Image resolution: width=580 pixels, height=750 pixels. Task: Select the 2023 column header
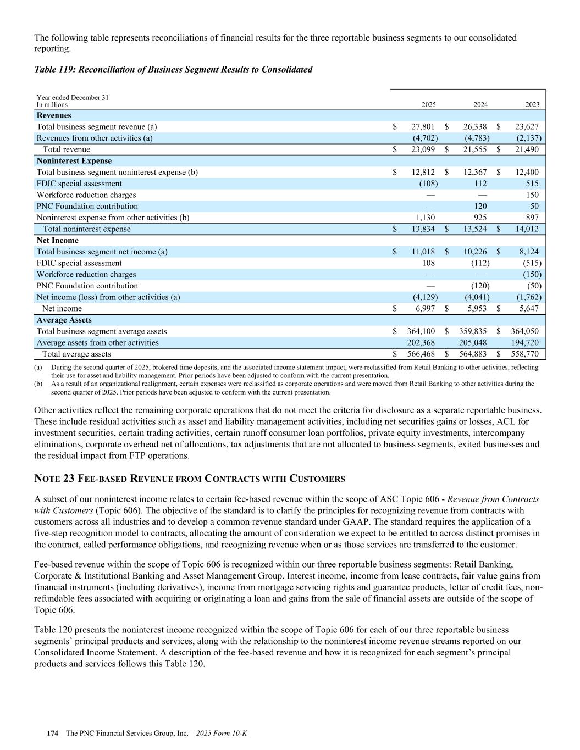pyautogui.click(x=532, y=104)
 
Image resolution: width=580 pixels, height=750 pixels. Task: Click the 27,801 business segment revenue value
pyautogui.click(x=423, y=127)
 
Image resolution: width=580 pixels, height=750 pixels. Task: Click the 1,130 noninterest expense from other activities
pyautogui.click(x=426, y=218)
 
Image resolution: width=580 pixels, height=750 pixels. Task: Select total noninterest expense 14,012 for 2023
pyautogui.click(x=528, y=229)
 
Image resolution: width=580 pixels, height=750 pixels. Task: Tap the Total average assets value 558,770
pyautogui.click(x=526, y=354)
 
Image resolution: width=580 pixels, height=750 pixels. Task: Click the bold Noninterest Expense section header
pyautogui.click(x=74, y=161)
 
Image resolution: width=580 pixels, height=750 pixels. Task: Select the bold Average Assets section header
pyautogui.click(x=64, y=320)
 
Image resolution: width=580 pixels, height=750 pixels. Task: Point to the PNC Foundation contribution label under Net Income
pyautogui.click(x=87, y=286)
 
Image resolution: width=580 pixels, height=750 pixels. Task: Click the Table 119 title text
pyautogui.click(x=173, y=69)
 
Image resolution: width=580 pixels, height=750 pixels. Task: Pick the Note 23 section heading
pyautogui.click(x=190, y=479)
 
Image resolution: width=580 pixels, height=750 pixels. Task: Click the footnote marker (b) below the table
pyautogui.click(x=38, y=384)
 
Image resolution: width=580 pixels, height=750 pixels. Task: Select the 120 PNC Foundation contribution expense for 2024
pyautogui.click(x=480, y=207)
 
